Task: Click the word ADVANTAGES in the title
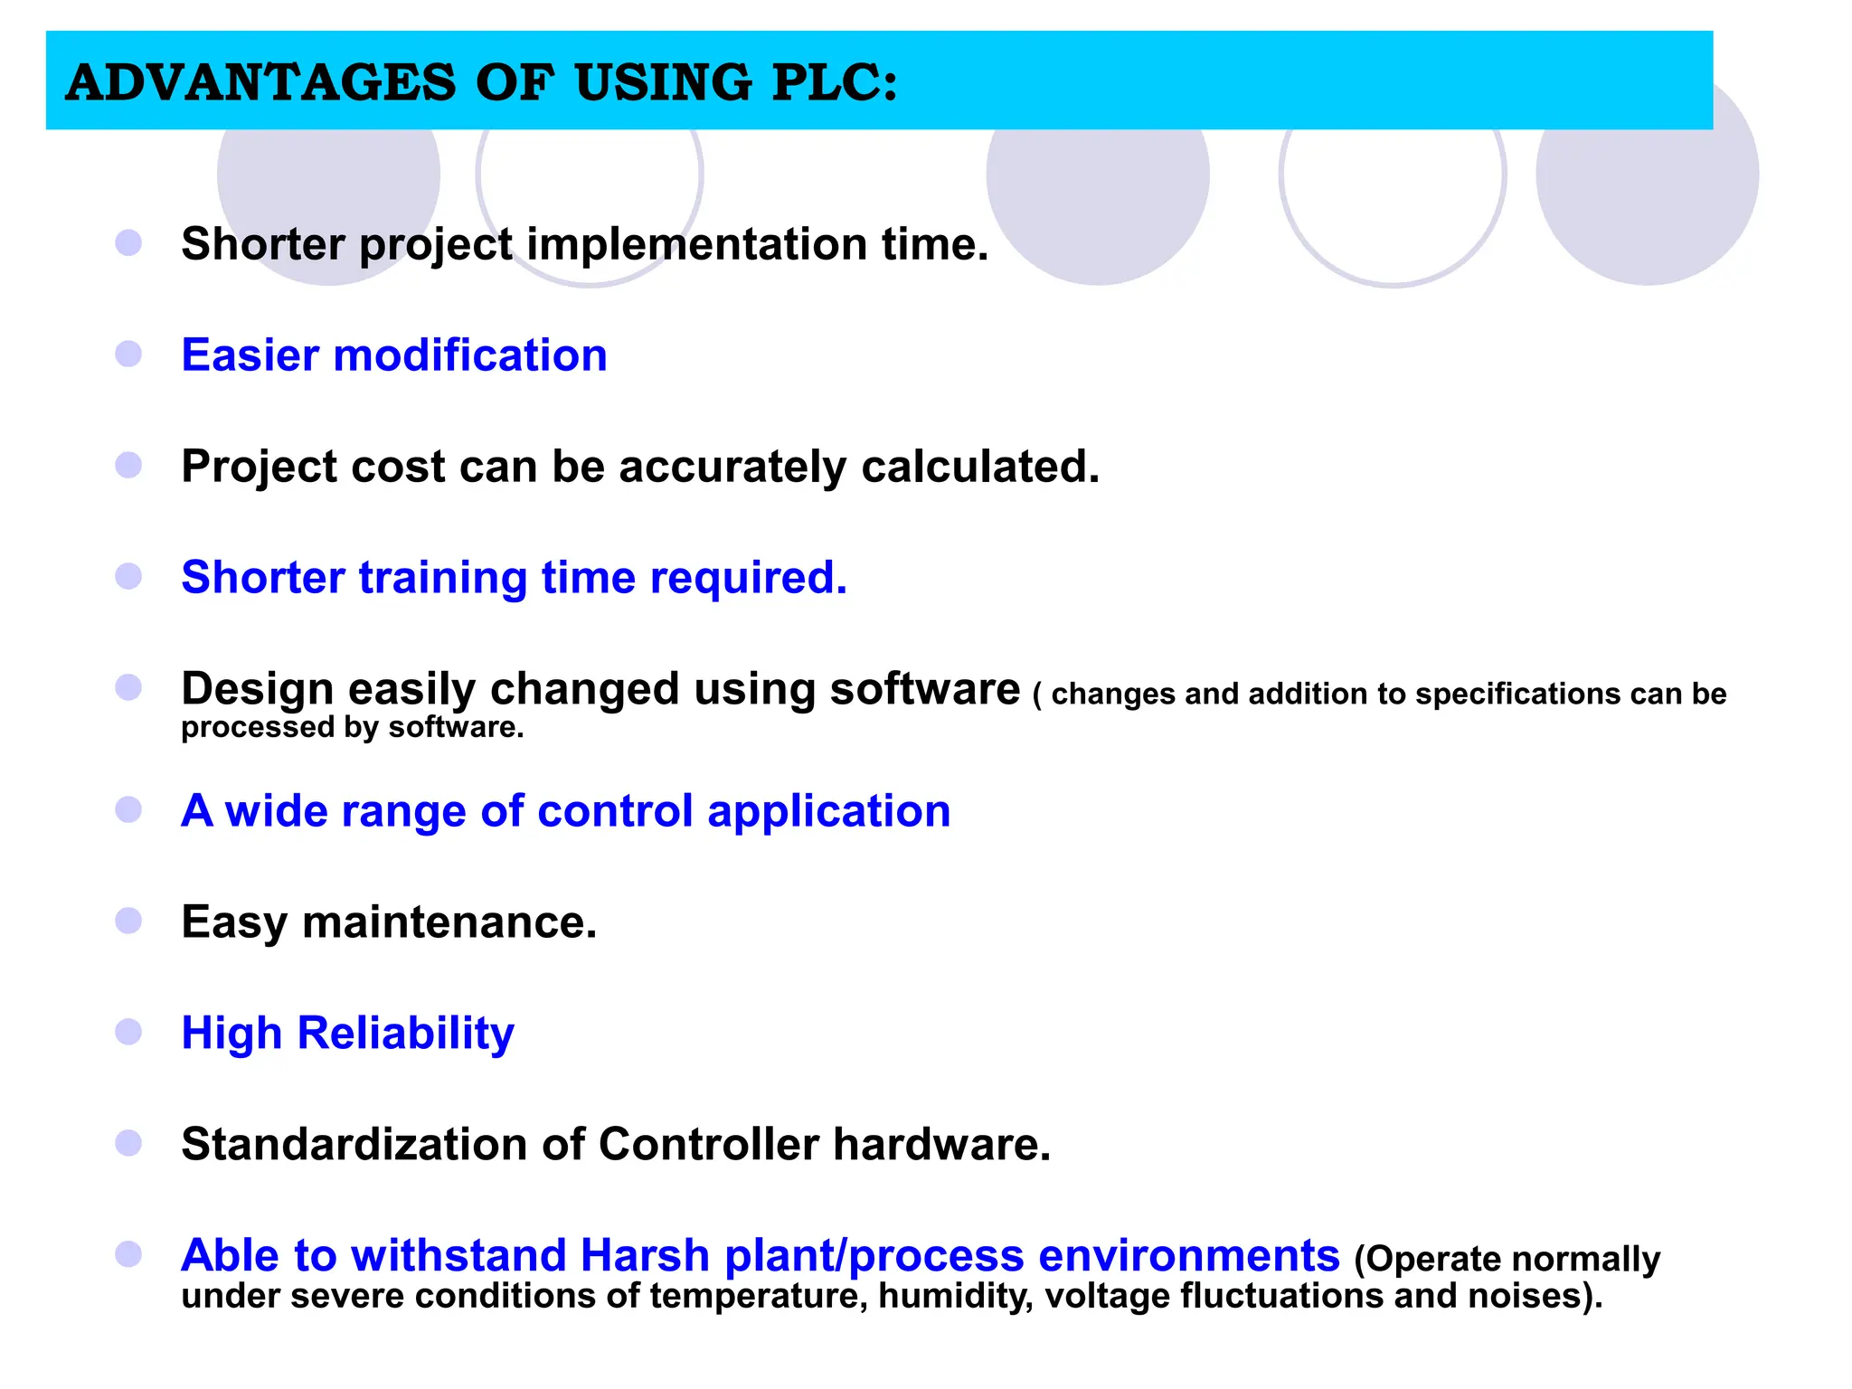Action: click(260, 82)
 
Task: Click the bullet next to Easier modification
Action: click(128, 354)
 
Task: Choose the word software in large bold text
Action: click(924, 689)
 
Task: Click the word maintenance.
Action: click(449, 922)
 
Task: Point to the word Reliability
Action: click(405, 1033)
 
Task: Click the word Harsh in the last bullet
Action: click(644, 1255)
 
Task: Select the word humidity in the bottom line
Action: click(955, 1296)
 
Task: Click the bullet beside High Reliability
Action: click(128, 1032)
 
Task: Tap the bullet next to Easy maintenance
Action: click(128, 921)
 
